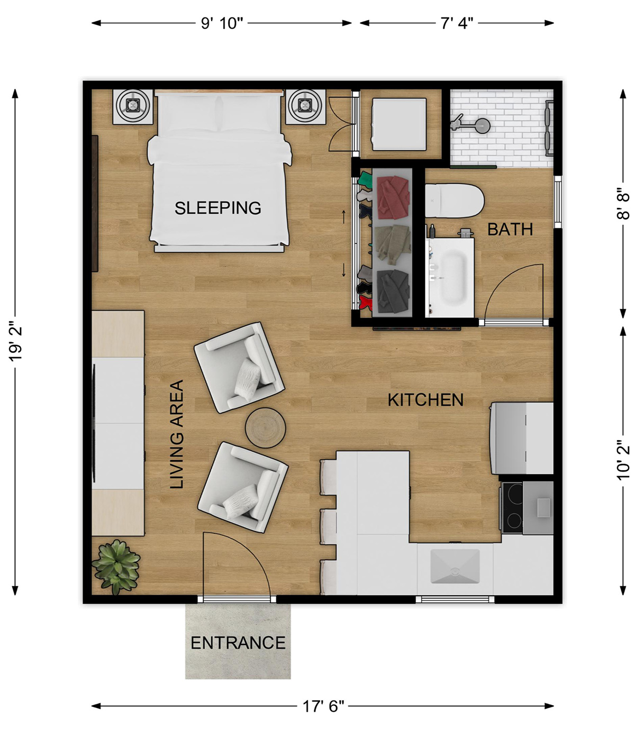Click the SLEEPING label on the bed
217,208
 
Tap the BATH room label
510,229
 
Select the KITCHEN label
425,400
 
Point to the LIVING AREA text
177,434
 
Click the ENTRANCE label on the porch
238,643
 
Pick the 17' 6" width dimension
323,706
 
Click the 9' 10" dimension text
222,23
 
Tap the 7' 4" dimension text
457,23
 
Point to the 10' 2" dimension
623,460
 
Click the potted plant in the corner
116,567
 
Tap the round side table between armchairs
265,427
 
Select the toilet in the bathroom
455,201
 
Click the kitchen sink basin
455,566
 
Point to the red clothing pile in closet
393,197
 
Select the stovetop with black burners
512,507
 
